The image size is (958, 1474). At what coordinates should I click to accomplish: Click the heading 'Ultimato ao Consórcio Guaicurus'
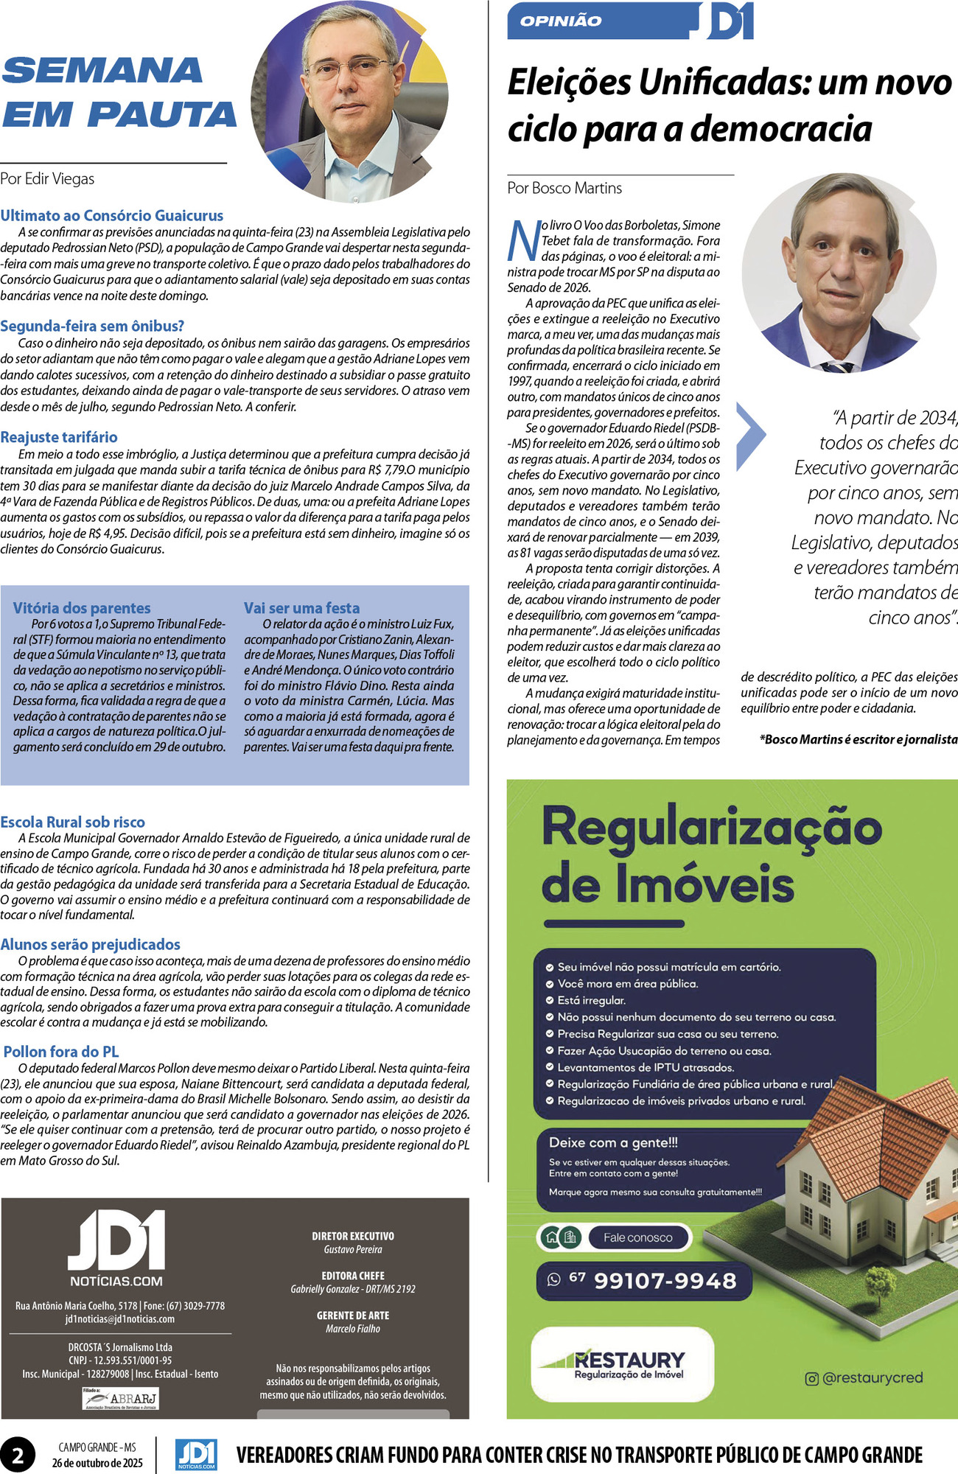coord(112,216)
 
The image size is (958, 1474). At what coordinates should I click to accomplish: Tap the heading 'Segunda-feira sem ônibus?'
coord(92,326)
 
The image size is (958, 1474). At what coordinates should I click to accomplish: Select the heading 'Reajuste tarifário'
coord(59,437)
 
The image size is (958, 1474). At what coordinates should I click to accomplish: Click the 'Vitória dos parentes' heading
coord(82,608)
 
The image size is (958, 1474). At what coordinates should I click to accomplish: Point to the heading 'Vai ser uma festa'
coord(302,608)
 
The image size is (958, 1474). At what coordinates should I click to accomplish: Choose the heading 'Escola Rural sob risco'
coord(73,822)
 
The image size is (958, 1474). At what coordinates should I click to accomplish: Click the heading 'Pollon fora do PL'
coord(61,1052)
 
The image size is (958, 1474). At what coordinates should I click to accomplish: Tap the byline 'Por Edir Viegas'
coord(47,178)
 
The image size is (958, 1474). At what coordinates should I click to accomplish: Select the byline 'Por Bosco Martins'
coord(564,188)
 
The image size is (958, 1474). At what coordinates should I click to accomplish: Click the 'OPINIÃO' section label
coord(561,21)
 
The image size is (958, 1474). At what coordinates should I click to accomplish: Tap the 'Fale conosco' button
coord(637,1237)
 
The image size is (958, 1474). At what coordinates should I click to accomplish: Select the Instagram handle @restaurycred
coord(864,1377)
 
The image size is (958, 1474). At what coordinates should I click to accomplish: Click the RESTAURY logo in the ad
coord(623,1363)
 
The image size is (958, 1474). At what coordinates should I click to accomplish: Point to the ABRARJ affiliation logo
coord(120,1398)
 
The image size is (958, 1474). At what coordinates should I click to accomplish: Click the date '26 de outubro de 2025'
coord(97,1463)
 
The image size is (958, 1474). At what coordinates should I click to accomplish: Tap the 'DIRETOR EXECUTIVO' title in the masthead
coord(353,1236)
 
